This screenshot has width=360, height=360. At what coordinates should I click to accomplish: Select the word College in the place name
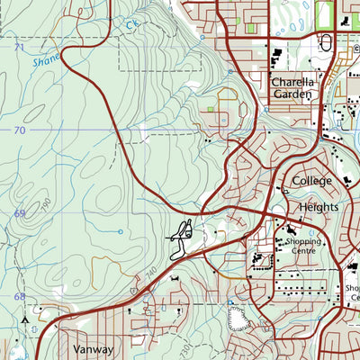point(311,181)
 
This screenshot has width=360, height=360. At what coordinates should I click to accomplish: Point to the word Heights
point(317,206)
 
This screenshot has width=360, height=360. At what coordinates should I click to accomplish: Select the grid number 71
point(19,46)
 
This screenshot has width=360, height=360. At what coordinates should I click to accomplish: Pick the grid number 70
point(19,130)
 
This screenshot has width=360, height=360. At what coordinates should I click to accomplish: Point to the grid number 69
point(19,213)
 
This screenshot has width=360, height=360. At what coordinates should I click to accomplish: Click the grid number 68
point(19,296)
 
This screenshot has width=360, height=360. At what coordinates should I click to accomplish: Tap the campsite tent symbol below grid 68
point(26,318)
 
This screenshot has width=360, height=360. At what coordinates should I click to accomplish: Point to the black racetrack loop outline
point(183,230)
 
